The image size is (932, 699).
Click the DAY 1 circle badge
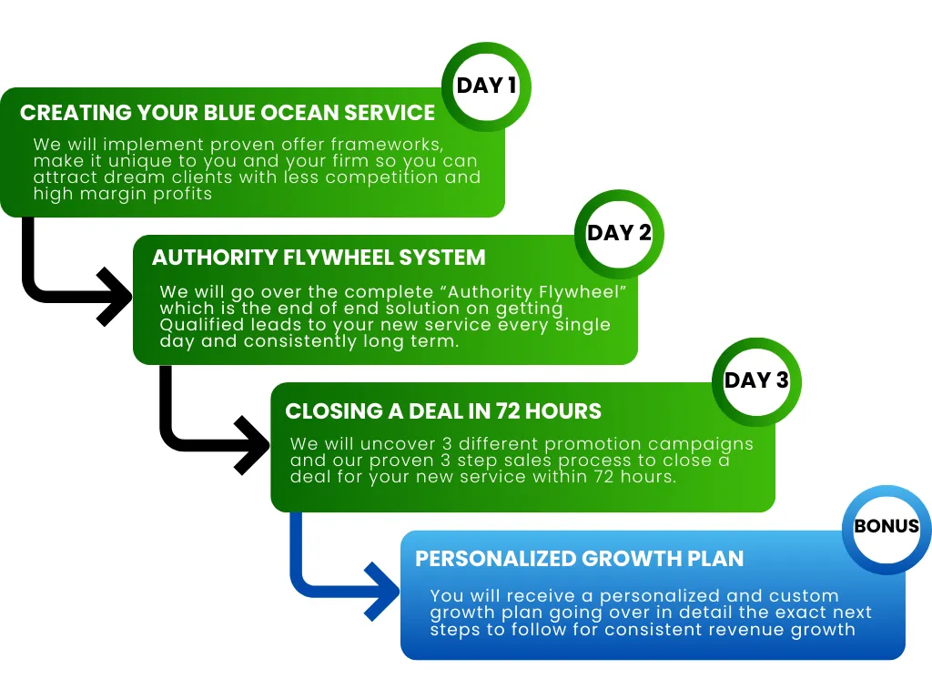[x=486, y=86]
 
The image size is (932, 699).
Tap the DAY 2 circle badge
[x=619, y=234]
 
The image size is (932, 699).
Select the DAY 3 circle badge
[x=756, y=381]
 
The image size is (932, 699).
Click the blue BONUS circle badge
[x=886, y=530]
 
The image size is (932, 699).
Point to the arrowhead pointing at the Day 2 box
[x=116, y=297]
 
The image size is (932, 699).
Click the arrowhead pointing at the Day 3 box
[x=253, y=445]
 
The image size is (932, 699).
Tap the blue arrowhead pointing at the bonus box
[x=382, y=592]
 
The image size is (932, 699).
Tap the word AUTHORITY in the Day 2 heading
[x=214, y=258]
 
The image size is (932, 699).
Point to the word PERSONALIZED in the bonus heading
[x=495, y=559]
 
